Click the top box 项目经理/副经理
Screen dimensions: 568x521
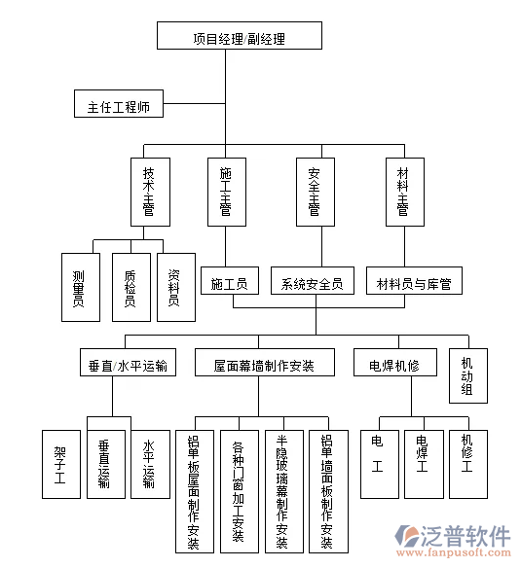(x=238, y=38)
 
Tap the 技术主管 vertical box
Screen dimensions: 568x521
(x=148, y=192)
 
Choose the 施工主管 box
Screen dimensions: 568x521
(x=225, y=192)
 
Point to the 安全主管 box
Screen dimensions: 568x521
(x=314, y=192)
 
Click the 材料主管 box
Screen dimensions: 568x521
(x=402, y=192)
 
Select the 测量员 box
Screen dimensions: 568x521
(x=79, y=287)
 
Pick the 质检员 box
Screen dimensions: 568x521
(x=130, y=287)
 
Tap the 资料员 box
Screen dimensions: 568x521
(x=174, y=287)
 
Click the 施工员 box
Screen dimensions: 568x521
(x=229, y=283)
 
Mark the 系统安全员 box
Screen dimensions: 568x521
(x=312, y=283)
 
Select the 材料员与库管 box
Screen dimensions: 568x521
(x=414, y=283)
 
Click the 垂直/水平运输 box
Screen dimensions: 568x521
(x=128, y=365)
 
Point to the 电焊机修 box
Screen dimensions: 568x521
(x=393, y=365)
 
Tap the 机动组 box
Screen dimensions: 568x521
(x=467, y=375)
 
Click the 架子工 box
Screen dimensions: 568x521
(x=60, y=464)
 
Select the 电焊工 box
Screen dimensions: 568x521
(x=422, y=464)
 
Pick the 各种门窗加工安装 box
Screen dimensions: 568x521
(x=238, y=491)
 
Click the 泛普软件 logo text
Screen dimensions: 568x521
(x=465, y=535)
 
